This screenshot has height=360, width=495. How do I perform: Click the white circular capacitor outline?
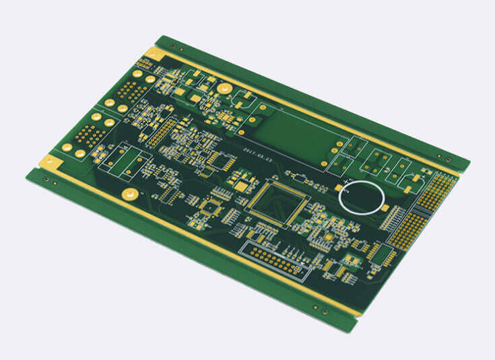click(362, 196)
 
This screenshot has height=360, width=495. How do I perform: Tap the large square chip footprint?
click(277, 201)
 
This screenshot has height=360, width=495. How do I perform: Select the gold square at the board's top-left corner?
click(154, 54)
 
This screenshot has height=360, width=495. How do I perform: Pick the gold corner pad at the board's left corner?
click(49, 161)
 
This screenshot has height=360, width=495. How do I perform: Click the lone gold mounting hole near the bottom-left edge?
click(130, 194)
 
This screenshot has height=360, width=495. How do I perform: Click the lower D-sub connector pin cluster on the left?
click(90, 135)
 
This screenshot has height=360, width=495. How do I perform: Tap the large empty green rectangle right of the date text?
click(296, 135)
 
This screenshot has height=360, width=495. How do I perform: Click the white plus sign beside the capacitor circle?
click(346, 182)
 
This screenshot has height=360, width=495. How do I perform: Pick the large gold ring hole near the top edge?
click(224, 88)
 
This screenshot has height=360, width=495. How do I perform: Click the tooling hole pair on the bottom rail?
click(321, 309)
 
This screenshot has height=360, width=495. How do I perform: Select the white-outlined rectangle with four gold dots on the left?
click(125, 162)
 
